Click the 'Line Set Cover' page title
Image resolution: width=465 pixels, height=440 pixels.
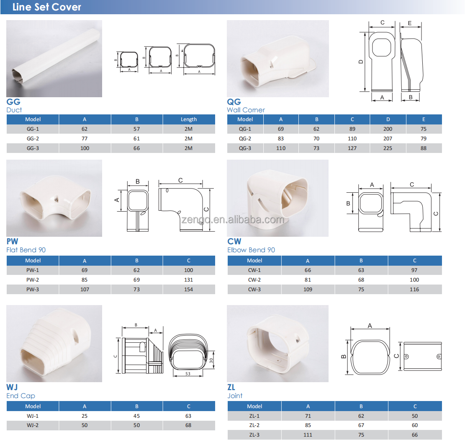(x=47, y=7)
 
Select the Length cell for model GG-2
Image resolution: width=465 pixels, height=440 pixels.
(x=189, y=138)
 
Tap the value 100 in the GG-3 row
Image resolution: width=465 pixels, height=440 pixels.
(x=85, y=148)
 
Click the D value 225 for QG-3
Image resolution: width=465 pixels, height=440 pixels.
(x=388, y=148)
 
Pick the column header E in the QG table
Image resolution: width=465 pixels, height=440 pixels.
(x=424, y=119)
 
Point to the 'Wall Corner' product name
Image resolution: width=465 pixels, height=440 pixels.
(x=246, y=110)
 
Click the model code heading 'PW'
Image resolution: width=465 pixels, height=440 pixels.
(x=13, y=241)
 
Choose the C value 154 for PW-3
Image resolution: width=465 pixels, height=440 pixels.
(x=189, y=289)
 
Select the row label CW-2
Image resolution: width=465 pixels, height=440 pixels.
(x=254, y=280)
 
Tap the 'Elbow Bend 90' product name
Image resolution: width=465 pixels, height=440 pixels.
(x=251, y=250)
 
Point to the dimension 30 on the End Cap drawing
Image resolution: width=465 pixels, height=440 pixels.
(x=211, y=360)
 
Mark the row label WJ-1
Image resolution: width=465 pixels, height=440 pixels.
(x=33, y=416)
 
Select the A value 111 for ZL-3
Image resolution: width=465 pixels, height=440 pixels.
(x=308, y=435)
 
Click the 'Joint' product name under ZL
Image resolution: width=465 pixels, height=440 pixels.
(x=235, y=396)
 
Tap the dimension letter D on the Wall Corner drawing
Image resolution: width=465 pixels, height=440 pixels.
(x=361, y=61)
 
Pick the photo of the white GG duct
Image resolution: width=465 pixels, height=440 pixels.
(x=54, y=59)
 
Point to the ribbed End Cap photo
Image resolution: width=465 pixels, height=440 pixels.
(x=54, y=344)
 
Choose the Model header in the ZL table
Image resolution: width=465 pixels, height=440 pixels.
(x=254, y=406)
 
